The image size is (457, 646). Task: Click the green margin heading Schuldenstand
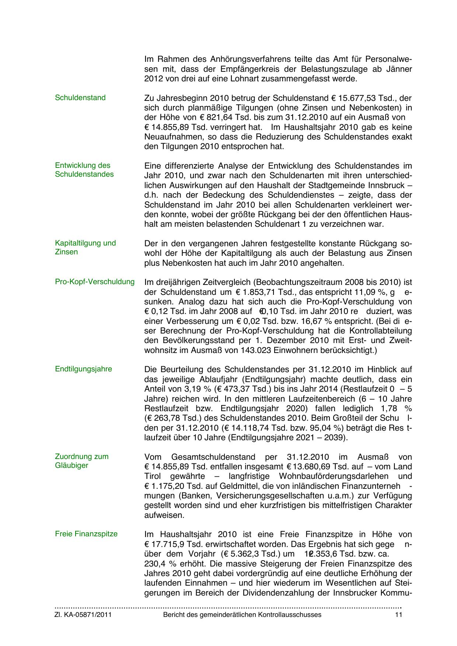pos(80,98)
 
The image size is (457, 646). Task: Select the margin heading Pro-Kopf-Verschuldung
pos(95,282)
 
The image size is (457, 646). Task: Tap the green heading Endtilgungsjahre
pos(83,369)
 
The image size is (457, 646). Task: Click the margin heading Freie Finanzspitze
pos(86,534)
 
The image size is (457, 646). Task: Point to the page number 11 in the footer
pos(398,615)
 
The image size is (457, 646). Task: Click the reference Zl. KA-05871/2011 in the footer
pos(83,615)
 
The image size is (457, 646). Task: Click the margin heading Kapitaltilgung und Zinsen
pos(85,247)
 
